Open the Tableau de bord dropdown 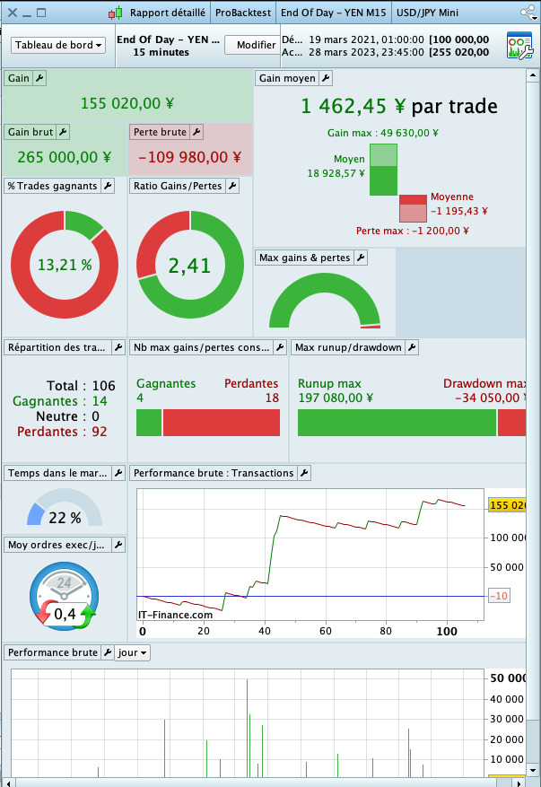(x=58, y=45)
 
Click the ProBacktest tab (x=242, y=13)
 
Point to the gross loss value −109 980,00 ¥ (x=188, y=157)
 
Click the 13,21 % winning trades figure (x=65, y=265)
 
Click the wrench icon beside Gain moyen (x=326, y=79)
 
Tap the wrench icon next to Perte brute (x=196, y=133)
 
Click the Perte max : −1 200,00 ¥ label (x=412, y=231)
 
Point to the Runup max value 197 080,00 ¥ (x=336, y=398)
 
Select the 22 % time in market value (x=65, y=518)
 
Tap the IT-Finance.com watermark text (x=176, y=615)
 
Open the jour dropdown (x=133, y=653)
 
